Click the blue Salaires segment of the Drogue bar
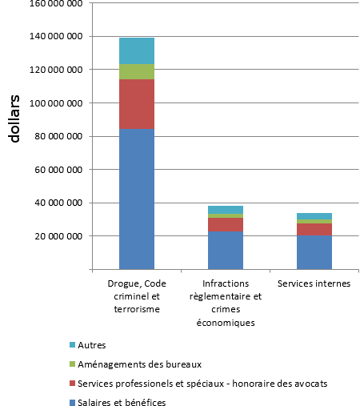[137, 199]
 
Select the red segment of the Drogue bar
[137, 104]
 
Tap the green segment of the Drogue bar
[137, 71]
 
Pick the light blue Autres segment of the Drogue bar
[137, 50]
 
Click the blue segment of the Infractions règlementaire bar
[226, 251]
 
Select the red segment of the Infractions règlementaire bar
[226, 225]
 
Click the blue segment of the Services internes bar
[314, 252]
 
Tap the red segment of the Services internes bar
[314, 229]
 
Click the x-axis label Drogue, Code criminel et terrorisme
[137, 296]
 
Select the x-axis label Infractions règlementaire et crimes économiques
[226, 303]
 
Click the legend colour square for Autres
[73, 345]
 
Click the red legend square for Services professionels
[73, 384]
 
